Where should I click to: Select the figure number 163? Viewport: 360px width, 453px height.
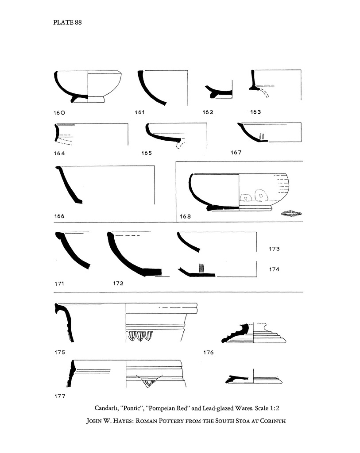(255, 112)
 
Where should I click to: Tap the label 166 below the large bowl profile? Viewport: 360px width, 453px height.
(59, 216)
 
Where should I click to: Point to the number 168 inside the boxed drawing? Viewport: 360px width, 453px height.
(185, 216)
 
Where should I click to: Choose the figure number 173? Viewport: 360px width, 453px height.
(274, 249)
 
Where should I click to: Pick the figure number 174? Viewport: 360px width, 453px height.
(274, 269)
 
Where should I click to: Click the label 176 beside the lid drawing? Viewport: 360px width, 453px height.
(208, 353)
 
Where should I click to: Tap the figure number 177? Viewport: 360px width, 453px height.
(60, 396)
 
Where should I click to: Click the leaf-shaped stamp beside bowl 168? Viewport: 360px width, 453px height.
(290, 214)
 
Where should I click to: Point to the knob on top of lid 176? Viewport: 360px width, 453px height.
(243, 328)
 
